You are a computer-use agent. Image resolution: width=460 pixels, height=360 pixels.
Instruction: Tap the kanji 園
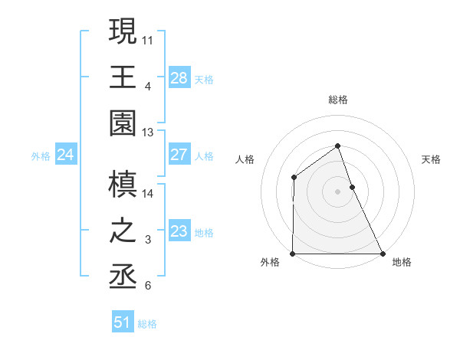tap(123, 124)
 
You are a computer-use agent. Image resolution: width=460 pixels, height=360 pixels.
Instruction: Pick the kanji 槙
tap(123, 185)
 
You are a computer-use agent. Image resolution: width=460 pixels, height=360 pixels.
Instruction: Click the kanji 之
tap(123, 231)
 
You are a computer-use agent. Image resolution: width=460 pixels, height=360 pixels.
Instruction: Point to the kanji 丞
tap(123, 278)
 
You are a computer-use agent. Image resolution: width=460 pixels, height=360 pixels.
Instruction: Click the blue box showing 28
tap(179, 77)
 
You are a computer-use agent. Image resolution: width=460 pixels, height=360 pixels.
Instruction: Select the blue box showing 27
tap(179, 155)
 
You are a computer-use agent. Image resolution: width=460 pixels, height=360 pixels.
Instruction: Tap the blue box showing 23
tap(179, 231)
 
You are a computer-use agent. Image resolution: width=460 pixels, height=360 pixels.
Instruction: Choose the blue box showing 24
tap(65, 155)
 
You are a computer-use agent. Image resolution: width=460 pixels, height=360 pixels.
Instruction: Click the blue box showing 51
tap(123, 322)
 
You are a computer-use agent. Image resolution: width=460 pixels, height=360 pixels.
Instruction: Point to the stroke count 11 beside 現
tap(148, 38)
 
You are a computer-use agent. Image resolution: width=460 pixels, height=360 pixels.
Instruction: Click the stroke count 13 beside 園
tap(148, 133)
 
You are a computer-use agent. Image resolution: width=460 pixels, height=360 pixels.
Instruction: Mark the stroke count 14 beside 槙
tap(148, 194)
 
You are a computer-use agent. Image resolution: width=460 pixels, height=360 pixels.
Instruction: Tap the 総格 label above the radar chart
tap(337, 100)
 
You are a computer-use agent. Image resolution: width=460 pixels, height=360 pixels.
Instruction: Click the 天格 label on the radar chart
tap(432, 159)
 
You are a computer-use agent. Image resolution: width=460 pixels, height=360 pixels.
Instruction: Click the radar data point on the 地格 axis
tap(383, 254)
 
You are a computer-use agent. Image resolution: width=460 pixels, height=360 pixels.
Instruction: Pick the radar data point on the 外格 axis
tap(293, 254)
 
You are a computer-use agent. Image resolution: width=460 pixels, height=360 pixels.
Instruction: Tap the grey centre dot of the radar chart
tap(337, 191)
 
